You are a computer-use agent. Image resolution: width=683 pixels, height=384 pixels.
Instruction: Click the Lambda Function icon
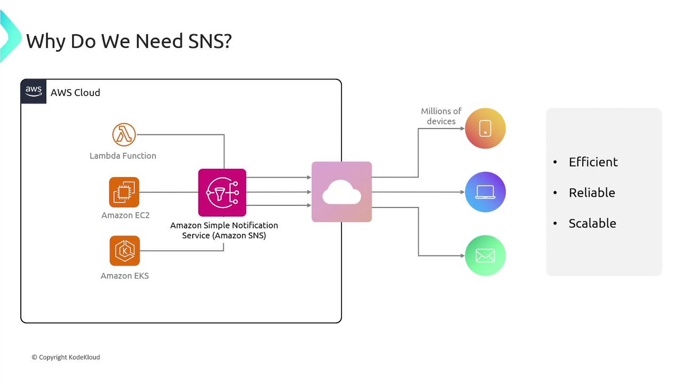click(x=124, y=134)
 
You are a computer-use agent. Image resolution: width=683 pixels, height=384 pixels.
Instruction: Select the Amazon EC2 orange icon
click(x=124, y=192)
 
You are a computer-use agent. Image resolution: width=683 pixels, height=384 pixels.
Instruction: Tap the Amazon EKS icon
click(x=124, y=251)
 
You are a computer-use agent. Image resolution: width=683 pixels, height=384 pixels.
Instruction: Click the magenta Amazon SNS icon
click(x=222, y=193)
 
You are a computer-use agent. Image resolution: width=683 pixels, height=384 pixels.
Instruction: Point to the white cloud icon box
click(x=341, y=192)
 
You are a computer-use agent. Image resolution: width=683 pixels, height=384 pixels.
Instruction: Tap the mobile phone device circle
click(x=485, y=129)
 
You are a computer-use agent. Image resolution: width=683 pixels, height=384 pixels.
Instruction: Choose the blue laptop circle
click(x=485, y=192)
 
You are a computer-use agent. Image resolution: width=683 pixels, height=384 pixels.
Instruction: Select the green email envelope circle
click(x=485, y=256)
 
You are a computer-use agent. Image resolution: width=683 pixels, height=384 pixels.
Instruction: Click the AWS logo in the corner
click(x=34, y=92)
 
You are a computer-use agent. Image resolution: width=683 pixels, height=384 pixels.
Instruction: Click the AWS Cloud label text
click(x=75, y=93)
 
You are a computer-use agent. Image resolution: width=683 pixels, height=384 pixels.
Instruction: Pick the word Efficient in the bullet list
click(x=593, y=162)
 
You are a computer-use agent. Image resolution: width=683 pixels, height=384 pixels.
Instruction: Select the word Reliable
click(x=592, y=193)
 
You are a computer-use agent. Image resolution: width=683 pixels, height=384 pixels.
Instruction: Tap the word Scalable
click(x=592, y=223)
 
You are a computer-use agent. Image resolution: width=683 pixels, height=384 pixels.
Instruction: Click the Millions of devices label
click(x=441, y=116)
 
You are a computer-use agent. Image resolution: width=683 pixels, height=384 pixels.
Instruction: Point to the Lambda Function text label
click(x=123, y=156)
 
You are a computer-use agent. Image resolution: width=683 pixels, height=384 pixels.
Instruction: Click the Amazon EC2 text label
click(x=125, y=215)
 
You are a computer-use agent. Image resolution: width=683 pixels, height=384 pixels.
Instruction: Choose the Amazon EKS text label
click(x=125, y=276)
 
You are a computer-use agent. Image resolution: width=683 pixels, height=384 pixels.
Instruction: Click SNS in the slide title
click(x=210, y=41)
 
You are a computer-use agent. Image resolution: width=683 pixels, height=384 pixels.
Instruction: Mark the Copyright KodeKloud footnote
click(x=66, y=357)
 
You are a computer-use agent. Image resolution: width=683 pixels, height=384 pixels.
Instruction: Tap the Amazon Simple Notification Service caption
click(x=224, y=230)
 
